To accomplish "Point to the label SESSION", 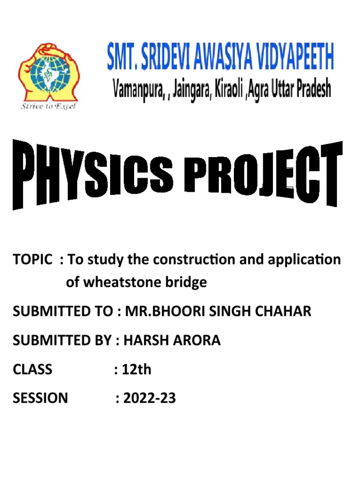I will (x=40, y=398).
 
